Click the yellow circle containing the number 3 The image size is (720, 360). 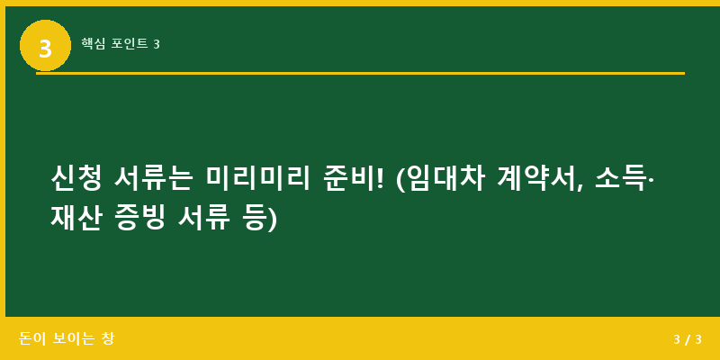coord(45,46)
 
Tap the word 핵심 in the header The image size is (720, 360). coord(93,43)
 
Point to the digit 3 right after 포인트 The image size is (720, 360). coord(157,43)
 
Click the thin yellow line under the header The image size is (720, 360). coord(360,73)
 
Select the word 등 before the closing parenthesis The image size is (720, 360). coord(253,217)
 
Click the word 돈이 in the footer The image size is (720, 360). coord(32,339)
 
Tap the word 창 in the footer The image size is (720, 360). coord(108,339)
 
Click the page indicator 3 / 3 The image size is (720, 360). coord(687,339)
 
